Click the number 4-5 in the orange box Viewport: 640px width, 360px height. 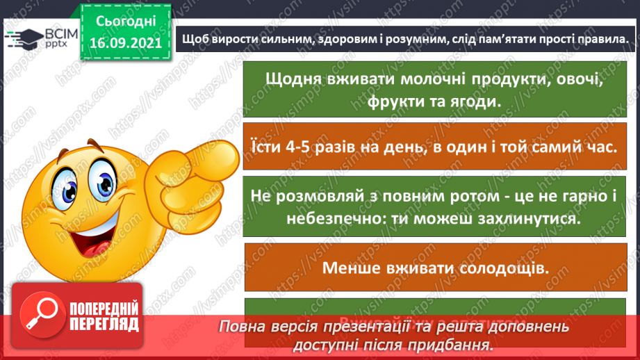pyautogui.click(x=297, y=147)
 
